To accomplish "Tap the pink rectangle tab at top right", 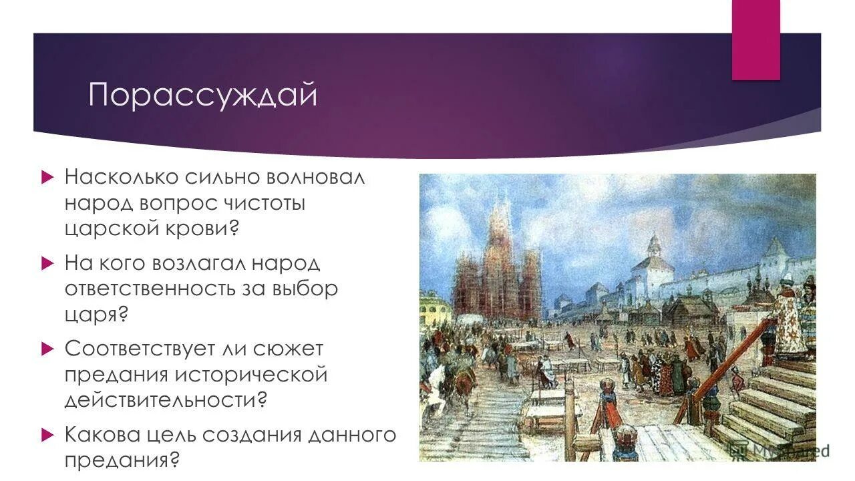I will click(x=755, y=40).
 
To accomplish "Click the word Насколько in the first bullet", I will click(x=121, y=178).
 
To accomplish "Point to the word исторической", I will click(x=252, y=374).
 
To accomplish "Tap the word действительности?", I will click(x=166, y=399).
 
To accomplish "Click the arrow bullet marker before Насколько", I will click(x=47, y=178).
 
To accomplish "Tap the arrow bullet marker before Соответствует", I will click(x=47, y=349).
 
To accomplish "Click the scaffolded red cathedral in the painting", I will click(x=497, y=267).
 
